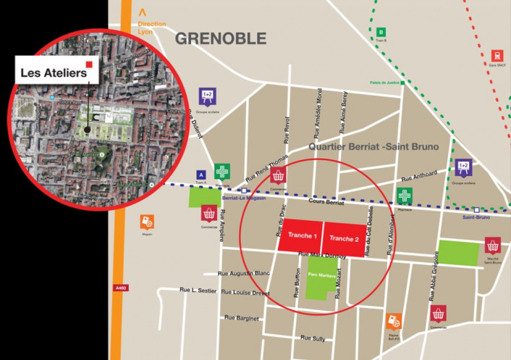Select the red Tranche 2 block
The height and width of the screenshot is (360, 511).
[x=344, y=239]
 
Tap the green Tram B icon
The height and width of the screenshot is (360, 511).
[x=381, y=32]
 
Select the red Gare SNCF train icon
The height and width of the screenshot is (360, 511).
[x=497, y=56]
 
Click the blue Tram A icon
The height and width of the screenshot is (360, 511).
[x=200, y=174]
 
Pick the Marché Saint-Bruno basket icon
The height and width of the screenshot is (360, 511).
[x=494, y=245]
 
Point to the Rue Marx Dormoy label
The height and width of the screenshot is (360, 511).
[x=324, y=255]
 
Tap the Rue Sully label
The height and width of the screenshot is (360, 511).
[x=314, y=338]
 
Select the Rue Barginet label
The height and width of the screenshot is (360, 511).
[x=241, y=317]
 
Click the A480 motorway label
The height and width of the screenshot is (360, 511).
[x=120, y=288]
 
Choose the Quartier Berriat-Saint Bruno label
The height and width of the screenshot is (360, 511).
[x=373, y=146]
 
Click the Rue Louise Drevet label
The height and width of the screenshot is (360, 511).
[x=245, y=292]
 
